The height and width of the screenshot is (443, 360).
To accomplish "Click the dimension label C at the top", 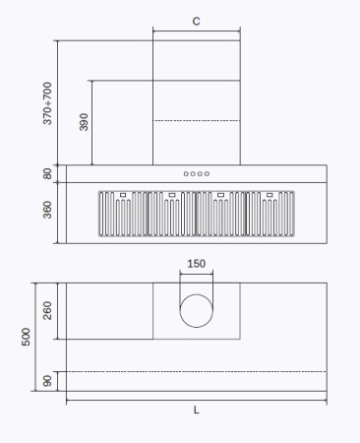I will pos(196,20).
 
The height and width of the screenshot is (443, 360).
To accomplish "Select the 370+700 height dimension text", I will pos(48,102).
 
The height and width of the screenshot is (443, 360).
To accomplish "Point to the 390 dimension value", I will pos(84,122).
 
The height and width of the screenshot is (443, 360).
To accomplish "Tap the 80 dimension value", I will pos(48,173).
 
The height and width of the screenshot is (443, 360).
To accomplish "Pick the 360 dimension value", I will pos(48,211).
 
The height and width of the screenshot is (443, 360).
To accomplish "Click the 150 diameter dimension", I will pos(197,264).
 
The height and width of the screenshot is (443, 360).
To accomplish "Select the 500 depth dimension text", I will pos(27,337).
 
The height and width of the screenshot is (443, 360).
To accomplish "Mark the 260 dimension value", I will pos(48,311).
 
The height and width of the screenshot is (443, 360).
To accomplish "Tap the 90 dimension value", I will pos(48,381).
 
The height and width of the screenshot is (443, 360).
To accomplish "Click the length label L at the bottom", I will pos(196,410).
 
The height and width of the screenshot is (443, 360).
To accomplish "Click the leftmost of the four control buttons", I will pos(186,174).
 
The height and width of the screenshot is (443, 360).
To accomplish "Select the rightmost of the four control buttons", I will pos(207,174).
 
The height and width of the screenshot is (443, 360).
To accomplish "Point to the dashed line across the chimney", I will pos(196,120).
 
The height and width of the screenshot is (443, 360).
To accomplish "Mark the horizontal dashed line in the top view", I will pos(196,371).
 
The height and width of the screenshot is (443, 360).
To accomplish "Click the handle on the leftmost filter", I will pos(122,195).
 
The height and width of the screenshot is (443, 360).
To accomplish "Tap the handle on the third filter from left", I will pos(220,195).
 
